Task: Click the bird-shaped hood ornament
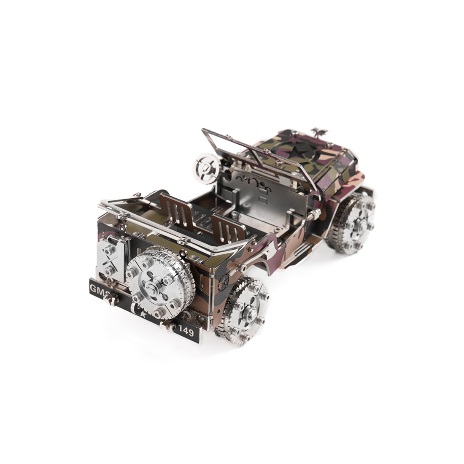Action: [x=319, y=132]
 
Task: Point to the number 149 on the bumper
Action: [x=186, y=332]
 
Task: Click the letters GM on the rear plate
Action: [x=96, y=289]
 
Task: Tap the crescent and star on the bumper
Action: [x=139, y=311]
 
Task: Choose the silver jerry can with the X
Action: [x=111, y=258]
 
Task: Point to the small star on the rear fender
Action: [x=224, y=282]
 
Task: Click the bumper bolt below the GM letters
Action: [x=111, y=300]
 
